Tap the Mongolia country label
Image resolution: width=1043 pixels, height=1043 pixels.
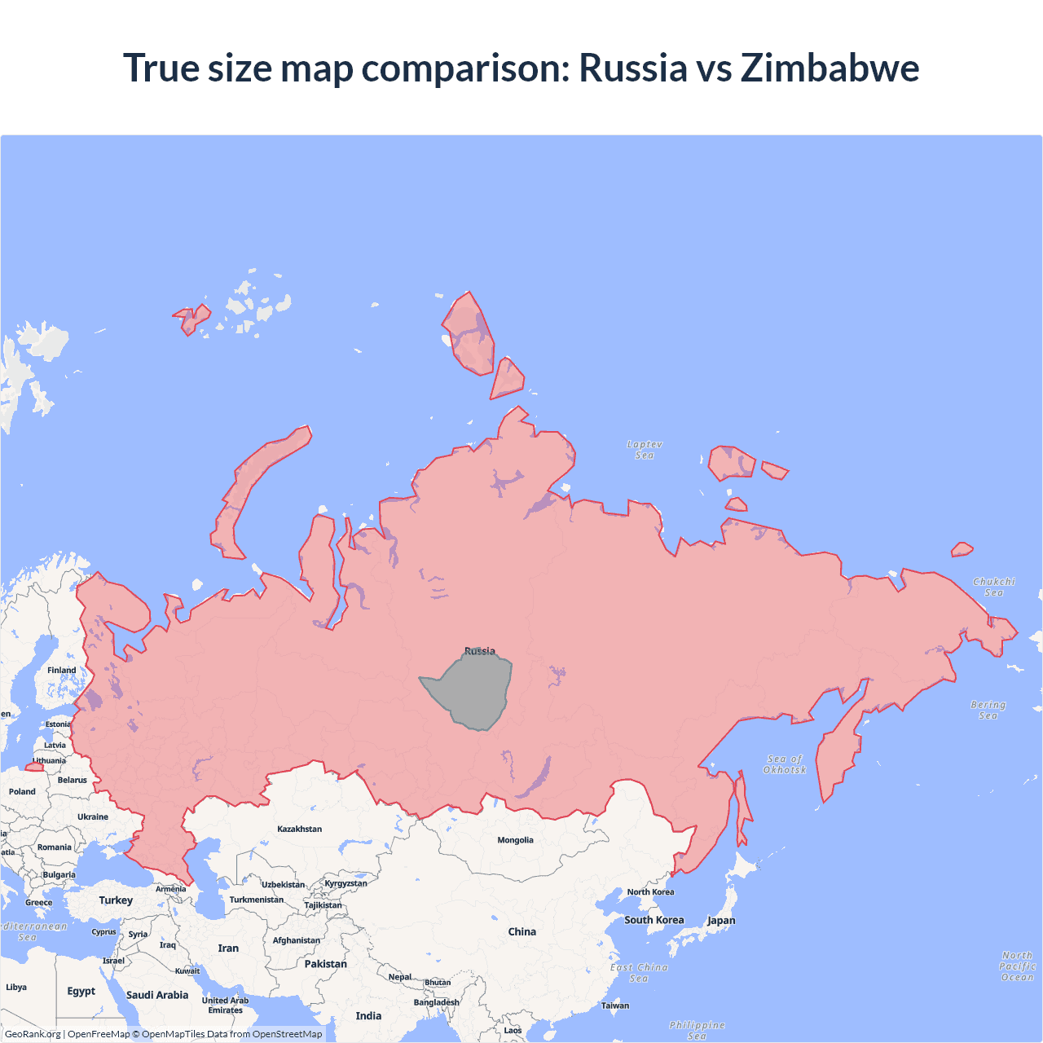pyautogui.click(x=515, y=840)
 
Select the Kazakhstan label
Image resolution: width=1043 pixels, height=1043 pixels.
pyautogui.click(x=299, y=829)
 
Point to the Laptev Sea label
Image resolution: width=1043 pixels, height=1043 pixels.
pyautogui.click(x=645, y=450)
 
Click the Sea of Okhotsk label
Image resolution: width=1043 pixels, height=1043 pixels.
pyautogui.click(x=785, y=764)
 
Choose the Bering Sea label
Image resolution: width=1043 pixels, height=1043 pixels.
pyautogui.click(x=988, y=710)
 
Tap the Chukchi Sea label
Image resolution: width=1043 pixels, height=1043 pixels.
pyautogui.click(x=994, y=587)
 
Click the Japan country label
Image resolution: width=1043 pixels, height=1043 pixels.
pyautogui.click(x=721, y=921)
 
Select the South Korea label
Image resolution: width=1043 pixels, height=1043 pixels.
pyautogui.click(x=654, y=920)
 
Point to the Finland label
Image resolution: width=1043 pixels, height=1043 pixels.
pyautogui.click(x=61, y=670)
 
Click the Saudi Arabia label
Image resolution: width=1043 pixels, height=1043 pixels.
pyautogui.click(x=157, y=995)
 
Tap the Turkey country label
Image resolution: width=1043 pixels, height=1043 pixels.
pyautogui.click(x=116, y=900)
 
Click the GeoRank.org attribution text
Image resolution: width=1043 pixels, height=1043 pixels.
pyautogui.click(x=33, y=1034)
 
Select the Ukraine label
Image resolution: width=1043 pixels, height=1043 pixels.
pyautogui.click(x=93, y=816)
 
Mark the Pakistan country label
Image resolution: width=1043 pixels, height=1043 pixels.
pyautogui.click(x=325, y=964)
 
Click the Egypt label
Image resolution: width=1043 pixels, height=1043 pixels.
pyautogui.click(x=81, y=991)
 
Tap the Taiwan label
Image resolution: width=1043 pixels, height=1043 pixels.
pyautogui.click(x=615, y=1006)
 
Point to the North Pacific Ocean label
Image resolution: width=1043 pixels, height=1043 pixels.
pyautogui.click(x=1017, y=966)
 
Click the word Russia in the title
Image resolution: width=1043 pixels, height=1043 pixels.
pyautogui.click(x=633, y=68)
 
